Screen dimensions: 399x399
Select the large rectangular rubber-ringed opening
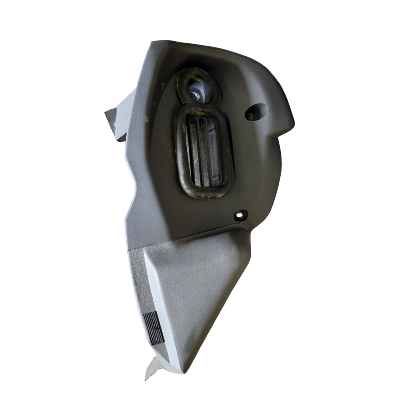pyautogui.click(x=203, y=151)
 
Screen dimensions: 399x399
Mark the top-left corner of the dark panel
pyautogui.click(x=152, y=42)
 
